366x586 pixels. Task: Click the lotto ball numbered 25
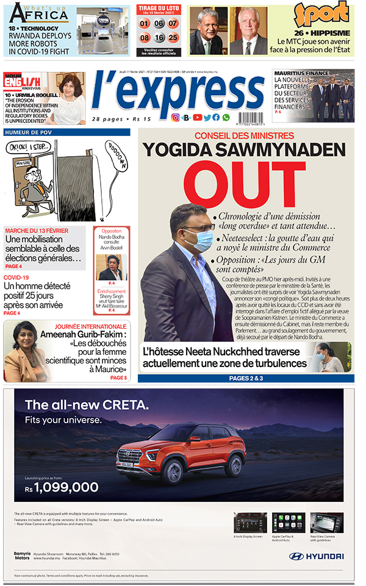[x=173, y=37]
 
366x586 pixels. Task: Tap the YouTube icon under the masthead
[x=197, y=118]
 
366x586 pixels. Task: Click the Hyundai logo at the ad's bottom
[x=316, y=556]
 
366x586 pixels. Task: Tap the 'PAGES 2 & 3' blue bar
[x=246, y=378]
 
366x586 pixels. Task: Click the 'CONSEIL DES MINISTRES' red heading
[x=244, y=135]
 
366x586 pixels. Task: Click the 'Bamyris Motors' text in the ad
[x=21, y=556]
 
